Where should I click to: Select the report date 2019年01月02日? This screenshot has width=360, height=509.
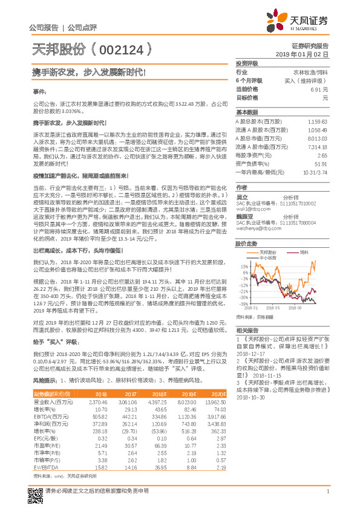coord(305,54)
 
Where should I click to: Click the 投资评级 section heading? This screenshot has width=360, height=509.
coord(247,63)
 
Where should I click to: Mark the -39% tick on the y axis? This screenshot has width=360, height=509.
coord(243,303)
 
